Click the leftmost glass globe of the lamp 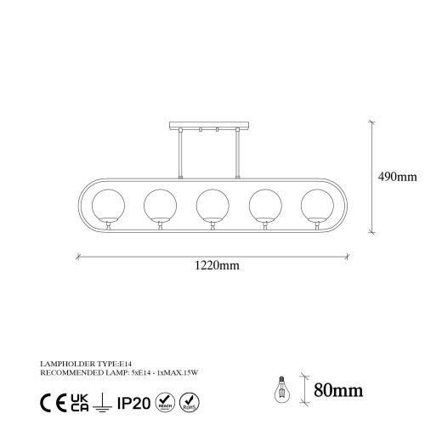(x=110, y=205)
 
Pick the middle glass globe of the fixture (x=212, y=205)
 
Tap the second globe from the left (x=161, y=205)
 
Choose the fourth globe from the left (x=263, y=205)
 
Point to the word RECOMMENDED (x=64, y=370)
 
